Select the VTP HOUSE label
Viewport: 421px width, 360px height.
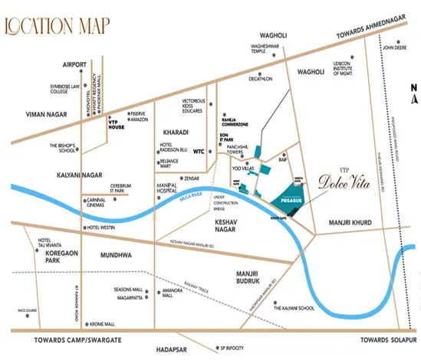pos(117,125)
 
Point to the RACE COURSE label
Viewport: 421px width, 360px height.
pos(26,310)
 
